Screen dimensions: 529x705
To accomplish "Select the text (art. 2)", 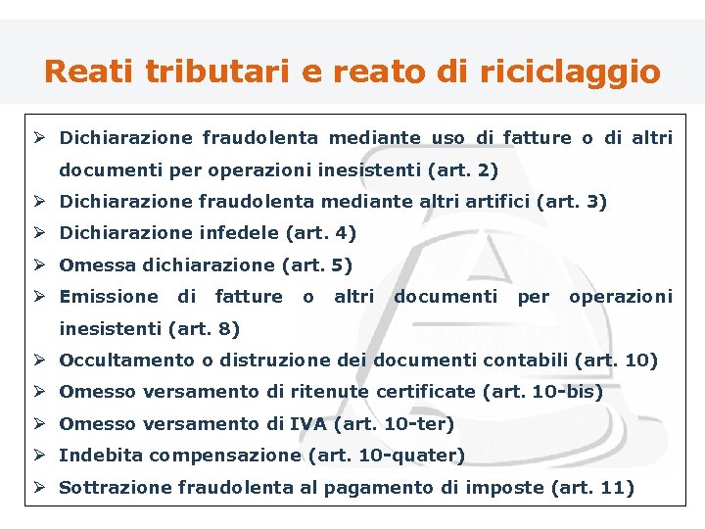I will tap(463, 169).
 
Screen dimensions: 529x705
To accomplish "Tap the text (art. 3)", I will tap(572, 202).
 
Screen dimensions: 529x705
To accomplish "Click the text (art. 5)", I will tap(316, 264).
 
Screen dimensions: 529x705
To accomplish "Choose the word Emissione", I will tap(109, 296).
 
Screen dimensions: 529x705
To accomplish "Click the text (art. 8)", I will tap(204, 328).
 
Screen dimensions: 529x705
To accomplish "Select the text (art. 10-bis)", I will tap(543, 392).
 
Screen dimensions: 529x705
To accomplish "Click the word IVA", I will tap(309, 423).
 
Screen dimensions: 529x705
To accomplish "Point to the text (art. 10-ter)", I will tap(395, 423).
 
